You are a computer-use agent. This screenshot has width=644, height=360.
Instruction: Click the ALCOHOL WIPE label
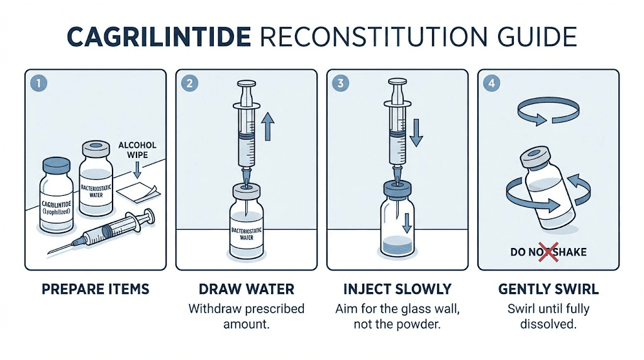(x=137, y=150)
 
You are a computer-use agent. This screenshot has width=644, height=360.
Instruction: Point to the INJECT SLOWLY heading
(x=397, y=290)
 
